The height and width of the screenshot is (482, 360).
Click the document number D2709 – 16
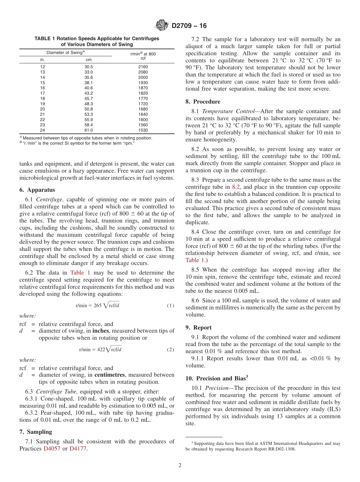click(x=189, y=26)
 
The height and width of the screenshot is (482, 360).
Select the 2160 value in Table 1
click(x=143, y=67)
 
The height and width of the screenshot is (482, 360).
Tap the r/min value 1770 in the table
click(x=143, y=99)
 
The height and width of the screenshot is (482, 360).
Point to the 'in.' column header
click(x=42, y=59)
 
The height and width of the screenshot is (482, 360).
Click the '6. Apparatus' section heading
click(x=37, y=190)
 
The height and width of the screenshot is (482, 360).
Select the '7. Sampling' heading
click(x=36, y=432)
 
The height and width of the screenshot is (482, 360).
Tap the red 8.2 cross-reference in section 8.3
click(x=236, y=187)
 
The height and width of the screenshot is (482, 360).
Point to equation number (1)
click(x=171, y=305)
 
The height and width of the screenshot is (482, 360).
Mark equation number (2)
click(x=171, y=350)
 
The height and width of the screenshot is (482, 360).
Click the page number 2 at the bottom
click(x=180, y=465)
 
